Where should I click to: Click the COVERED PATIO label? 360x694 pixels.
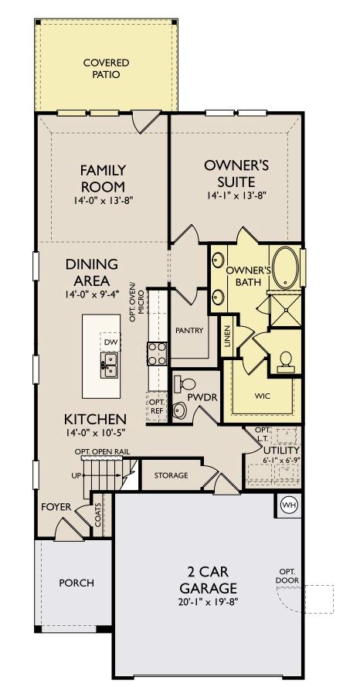[x=106, y=69]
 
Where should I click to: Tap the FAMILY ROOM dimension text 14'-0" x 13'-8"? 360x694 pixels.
[x=103, y=201]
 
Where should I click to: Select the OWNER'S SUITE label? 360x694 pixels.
[x=236, y=172]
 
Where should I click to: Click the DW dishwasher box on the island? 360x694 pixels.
[x=110, y=342]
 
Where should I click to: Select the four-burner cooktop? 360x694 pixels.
[x=158, y=354]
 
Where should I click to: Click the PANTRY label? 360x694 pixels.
[x=189, y=331]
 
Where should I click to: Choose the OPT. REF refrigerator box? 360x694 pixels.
[x=157, y=406]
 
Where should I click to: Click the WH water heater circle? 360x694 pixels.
[x=290, y=505]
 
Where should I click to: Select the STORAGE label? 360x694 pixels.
[x=171, y=475]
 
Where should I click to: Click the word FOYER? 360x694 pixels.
[x=56, y=507]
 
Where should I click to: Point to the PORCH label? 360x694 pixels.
[x=76, y=583]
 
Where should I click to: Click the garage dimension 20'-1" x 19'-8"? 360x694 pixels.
[x=206, y=595]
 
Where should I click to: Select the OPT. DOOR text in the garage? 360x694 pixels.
[x=287, y=577]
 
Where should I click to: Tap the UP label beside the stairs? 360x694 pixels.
[x=76, y=475]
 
